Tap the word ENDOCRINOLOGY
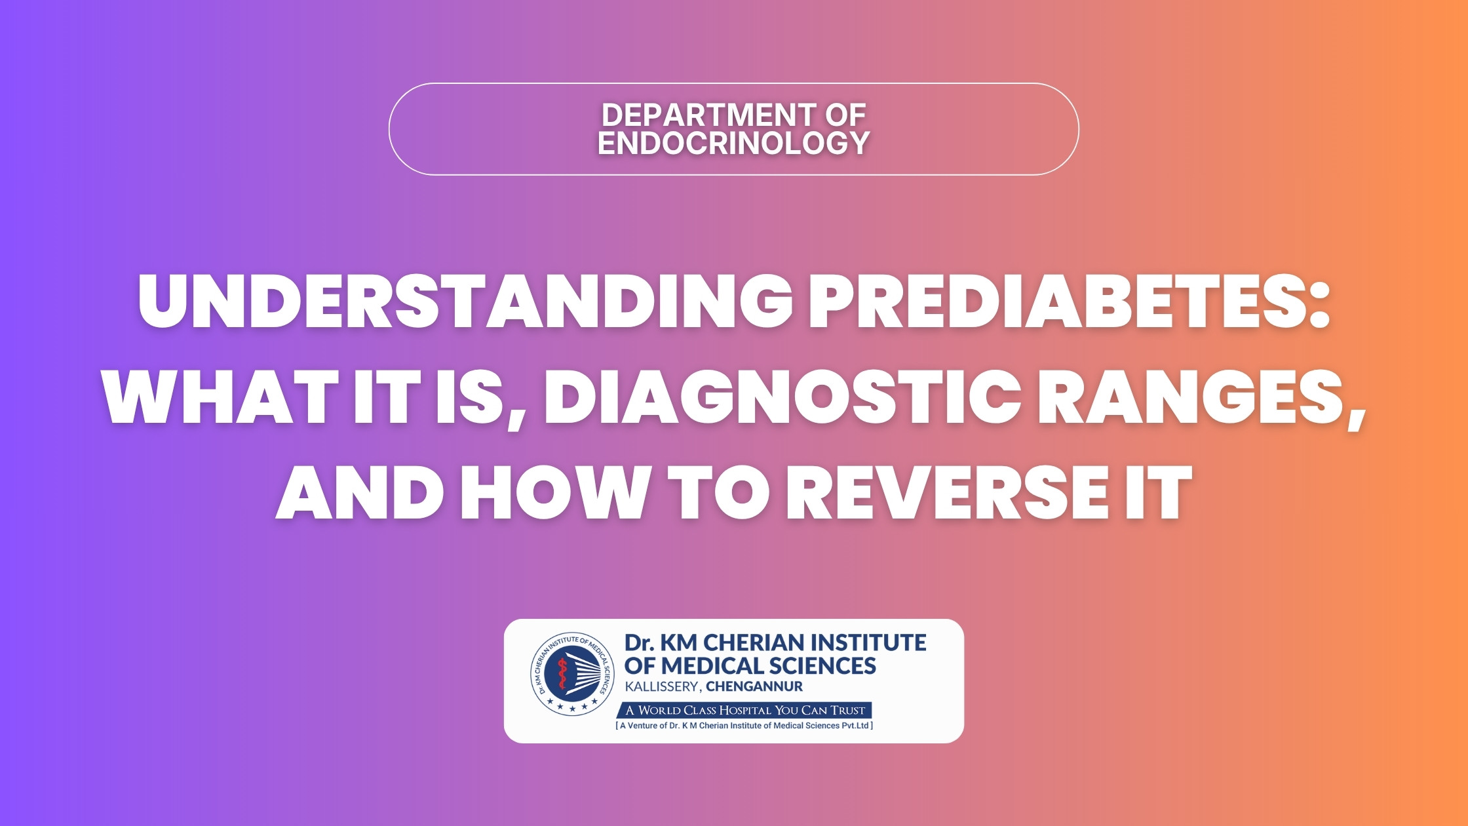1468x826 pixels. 734,143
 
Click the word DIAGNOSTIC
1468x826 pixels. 782,397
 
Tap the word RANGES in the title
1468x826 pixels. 1189,397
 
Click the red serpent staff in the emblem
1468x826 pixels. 562,673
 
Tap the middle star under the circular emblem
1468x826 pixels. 572,709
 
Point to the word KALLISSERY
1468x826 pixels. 664,687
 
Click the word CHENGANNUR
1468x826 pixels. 754,687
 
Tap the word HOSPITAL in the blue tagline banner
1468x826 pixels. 745,710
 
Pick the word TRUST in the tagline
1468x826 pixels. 848,710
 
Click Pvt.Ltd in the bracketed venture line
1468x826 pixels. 855,726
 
